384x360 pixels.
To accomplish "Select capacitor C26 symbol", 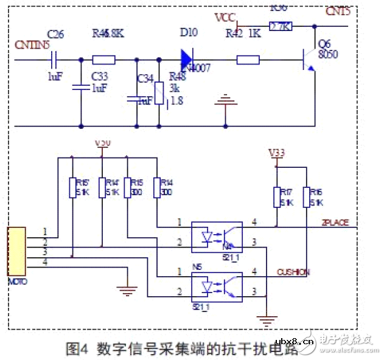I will pyautogui.click(x=56, y=60).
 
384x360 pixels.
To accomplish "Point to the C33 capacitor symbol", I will pyautogui.click(x=81, y=88).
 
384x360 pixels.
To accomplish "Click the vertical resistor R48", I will pyautogui.click(x=159, y=92).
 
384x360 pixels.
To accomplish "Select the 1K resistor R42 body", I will pyautogui.click(x=248, y=60).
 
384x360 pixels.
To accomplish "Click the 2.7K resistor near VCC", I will pyautogui.click(x=281, y=26).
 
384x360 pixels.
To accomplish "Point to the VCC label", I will pyautogui.click(x=225, y=16).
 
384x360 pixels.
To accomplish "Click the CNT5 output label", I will pyautogui.click(x=338, y=12).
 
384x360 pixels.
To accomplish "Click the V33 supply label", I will pyautogui.click(x=276, y=152).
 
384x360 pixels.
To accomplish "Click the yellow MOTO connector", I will pyautogui.click(x=16, y=251).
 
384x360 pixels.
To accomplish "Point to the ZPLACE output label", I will pyautogui.click(x=335, y=223).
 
